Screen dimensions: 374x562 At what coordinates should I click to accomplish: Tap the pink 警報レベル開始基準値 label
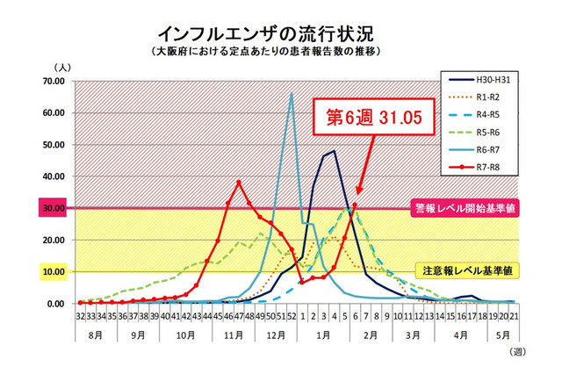pos(462,208)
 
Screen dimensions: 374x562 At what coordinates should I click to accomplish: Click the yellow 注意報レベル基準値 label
pos(465,271)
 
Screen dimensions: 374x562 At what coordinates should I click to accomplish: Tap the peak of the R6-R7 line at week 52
pos(292,94)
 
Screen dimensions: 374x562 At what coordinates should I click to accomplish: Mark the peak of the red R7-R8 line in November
pos(239,183)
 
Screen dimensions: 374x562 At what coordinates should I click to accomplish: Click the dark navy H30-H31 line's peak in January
pos(334,151)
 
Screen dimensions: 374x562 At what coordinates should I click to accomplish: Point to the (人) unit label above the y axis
pos(63,66)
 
